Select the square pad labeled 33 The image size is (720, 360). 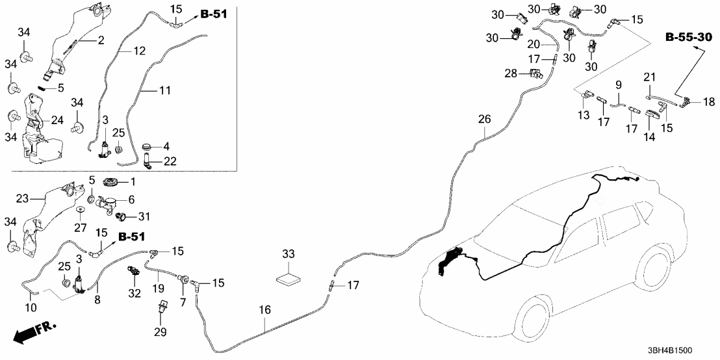click(289, 278)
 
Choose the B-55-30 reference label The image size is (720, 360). click(688, 38)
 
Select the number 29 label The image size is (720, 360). click(160, 332)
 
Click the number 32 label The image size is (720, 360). click(135, 293)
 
